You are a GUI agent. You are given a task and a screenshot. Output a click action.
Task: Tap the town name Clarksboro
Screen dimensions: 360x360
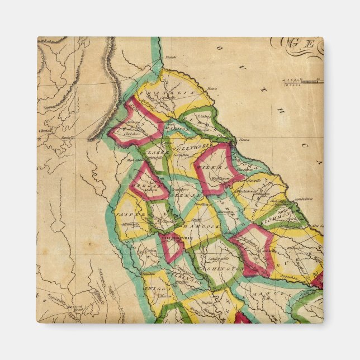pyautogui.click(x=132, y=134)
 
